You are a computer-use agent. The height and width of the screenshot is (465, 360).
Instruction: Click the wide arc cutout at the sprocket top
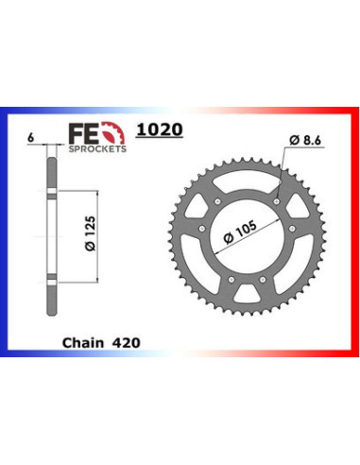(245, 177)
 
